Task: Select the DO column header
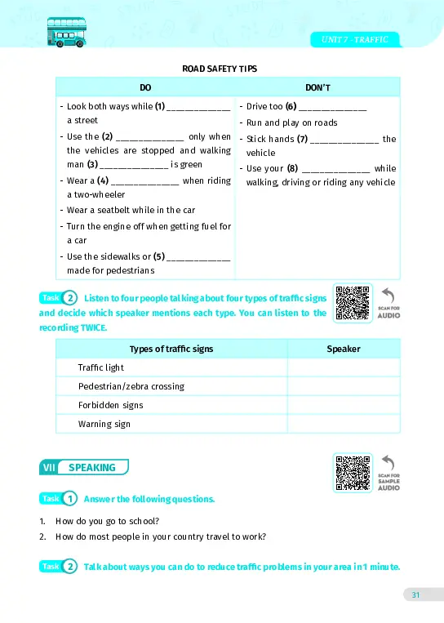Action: (x=145, y=87)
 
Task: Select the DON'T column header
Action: (x=317, y=87)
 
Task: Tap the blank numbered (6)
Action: (x=333, y=107)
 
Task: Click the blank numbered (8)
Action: (x=336, y=169)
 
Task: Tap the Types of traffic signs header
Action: (x=171, y=349)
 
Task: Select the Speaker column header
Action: (x=344, y=349)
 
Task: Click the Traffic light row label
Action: (x=101, y=367)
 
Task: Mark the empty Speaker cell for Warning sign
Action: (x=344, y=424)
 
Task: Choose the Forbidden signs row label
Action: (x=110, y=405)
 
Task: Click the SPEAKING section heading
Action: (x=92, y=468)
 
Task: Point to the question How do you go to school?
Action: (x=107, y=521)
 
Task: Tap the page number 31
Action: (x=415, y=595)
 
